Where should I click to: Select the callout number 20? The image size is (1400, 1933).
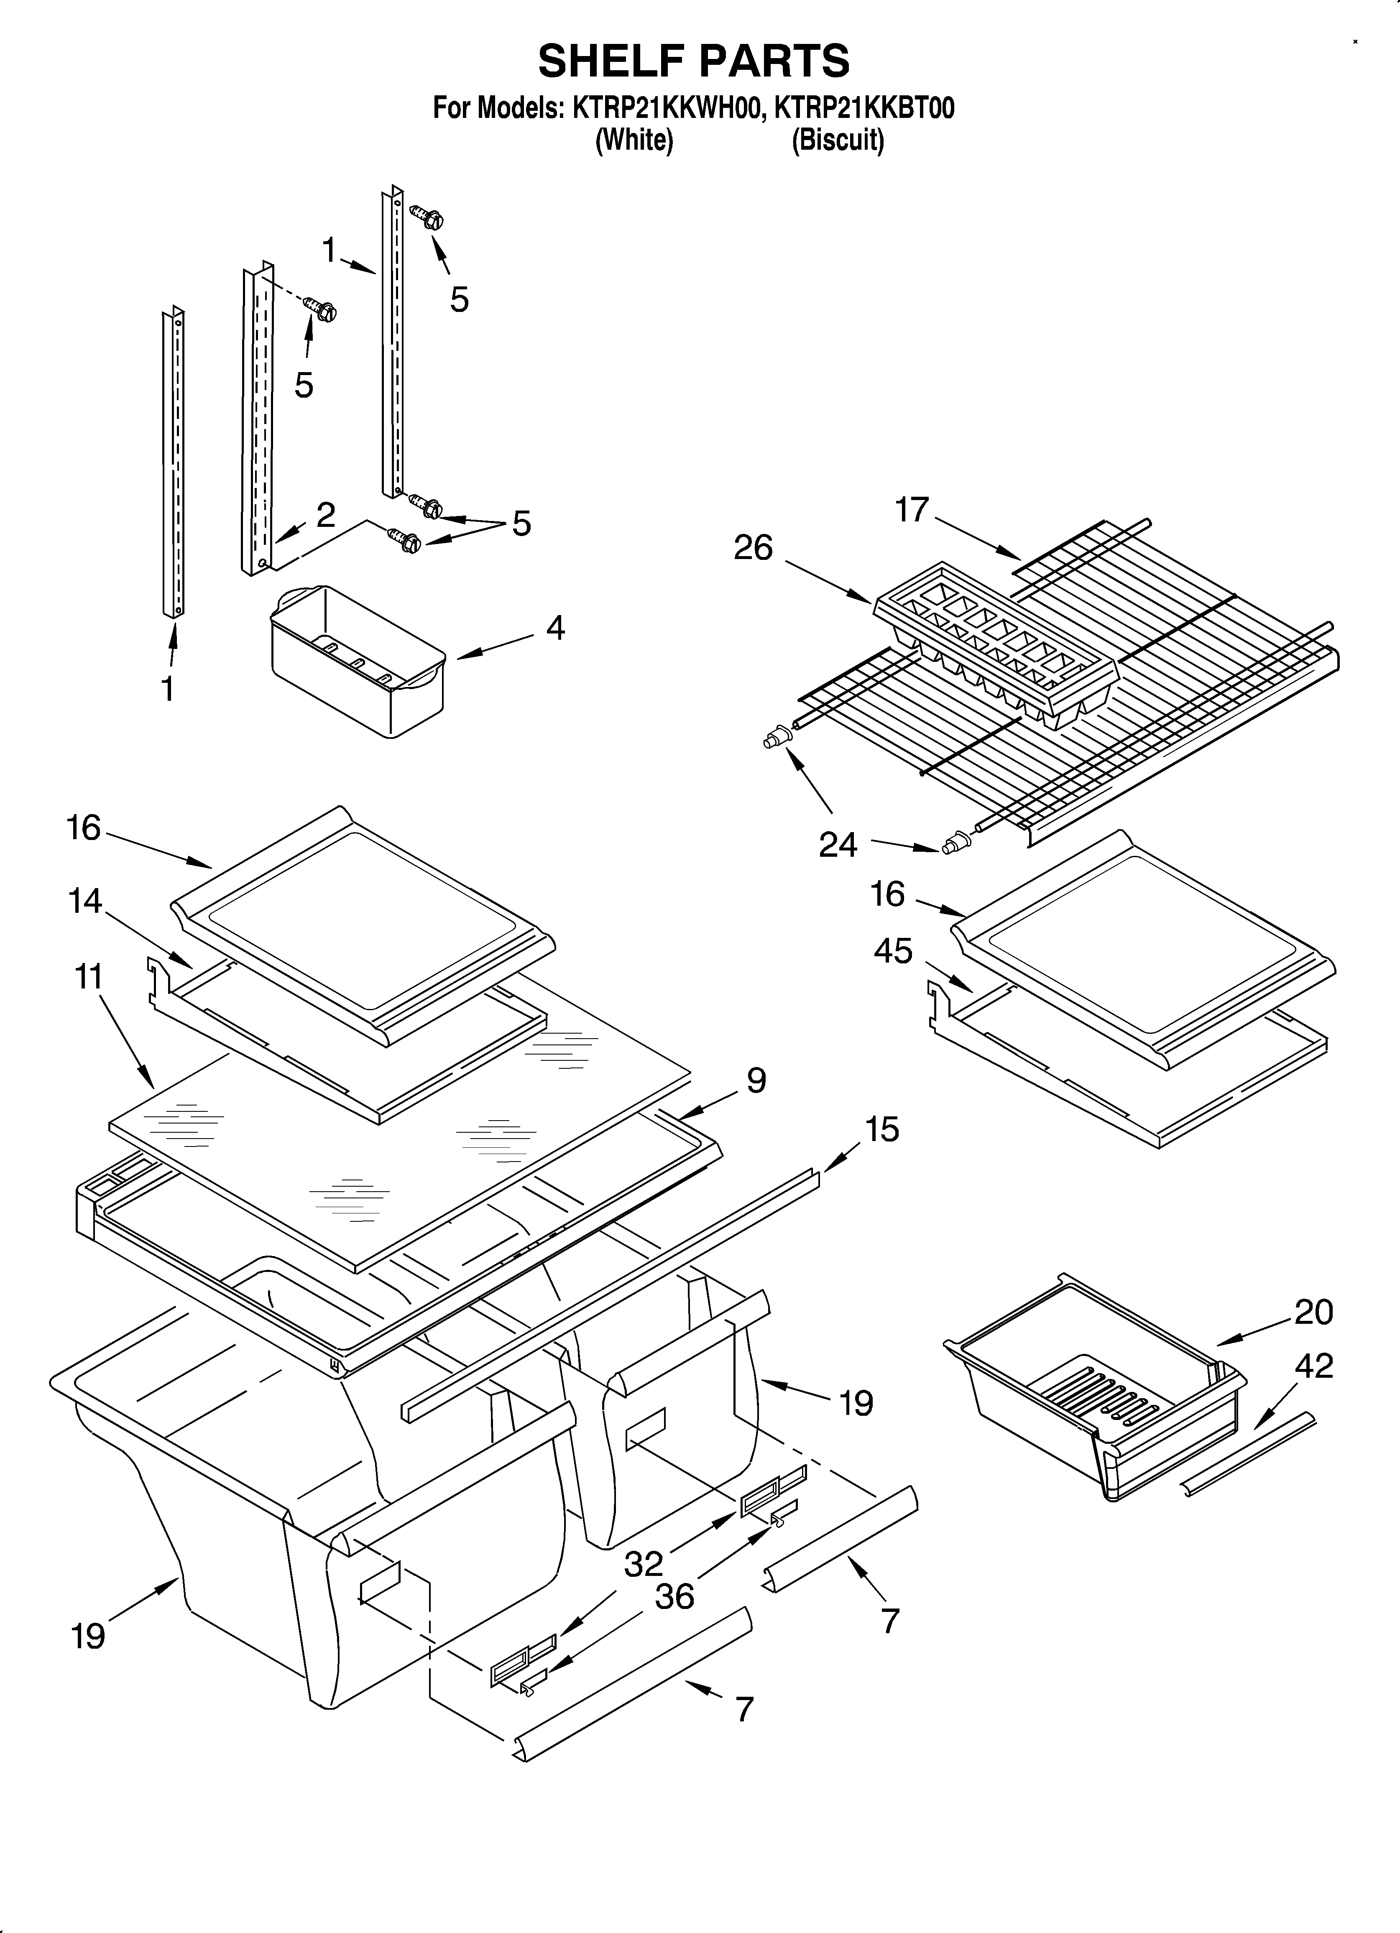(1313, 1312)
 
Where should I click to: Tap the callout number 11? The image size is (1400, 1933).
(89, 977)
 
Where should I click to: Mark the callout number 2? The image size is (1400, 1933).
(325, 515)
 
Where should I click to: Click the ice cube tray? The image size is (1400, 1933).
(993, 648)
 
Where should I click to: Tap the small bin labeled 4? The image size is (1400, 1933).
(358, 661)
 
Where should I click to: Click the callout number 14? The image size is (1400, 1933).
(85, 901)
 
